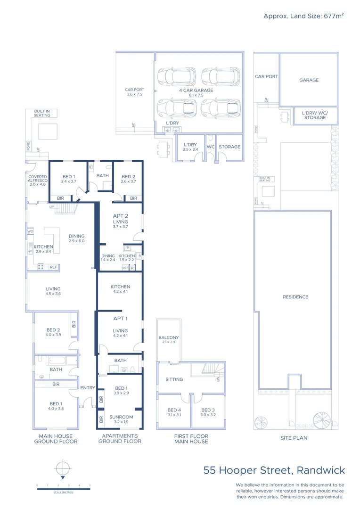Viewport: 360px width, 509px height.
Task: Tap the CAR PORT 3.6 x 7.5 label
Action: click(x=134, y=92)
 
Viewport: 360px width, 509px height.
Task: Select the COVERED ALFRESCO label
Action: click(x=38, y=180)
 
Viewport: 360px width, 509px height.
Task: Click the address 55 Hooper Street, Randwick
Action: click(x=274, y=470)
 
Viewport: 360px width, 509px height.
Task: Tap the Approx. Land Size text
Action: click(x=303, y=16)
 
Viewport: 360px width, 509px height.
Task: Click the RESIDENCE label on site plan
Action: click(x=295, y=297)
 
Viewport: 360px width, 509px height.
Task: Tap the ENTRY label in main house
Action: click(x=88, y=388)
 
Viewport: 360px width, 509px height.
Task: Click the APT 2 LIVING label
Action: click(x=120, y=219)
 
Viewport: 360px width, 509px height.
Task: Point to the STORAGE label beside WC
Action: click(x=229, y=147)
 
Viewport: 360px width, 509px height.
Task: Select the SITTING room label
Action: click(x=174, y=379)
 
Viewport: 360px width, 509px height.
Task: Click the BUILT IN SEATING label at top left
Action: click(x=42, y=113)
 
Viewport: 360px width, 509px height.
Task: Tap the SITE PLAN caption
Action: click(x=294, y=438)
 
